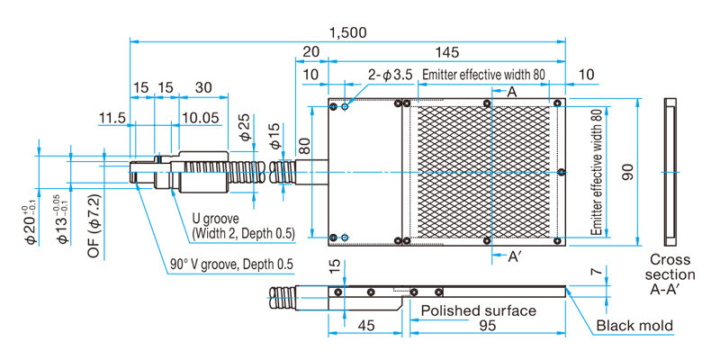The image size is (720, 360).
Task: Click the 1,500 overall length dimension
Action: click(348, 32)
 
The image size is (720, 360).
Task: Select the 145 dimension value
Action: click(446, 52)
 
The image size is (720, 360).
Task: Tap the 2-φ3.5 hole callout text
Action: click(391, 75)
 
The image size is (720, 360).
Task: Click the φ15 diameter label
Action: click(275, 136)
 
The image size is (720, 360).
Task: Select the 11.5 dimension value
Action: click(112, 118)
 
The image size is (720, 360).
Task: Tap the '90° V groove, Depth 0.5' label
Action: click(231, 265)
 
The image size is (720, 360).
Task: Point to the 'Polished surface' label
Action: click(479, 310)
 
